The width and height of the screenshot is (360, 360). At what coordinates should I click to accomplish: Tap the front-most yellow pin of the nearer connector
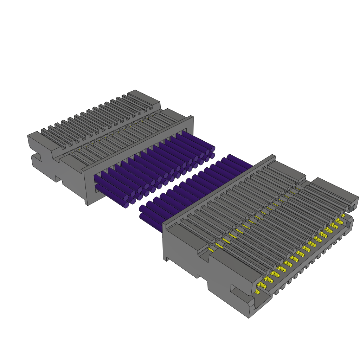point(257,292)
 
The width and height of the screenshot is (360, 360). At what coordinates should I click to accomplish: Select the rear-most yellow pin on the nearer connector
point(343,216)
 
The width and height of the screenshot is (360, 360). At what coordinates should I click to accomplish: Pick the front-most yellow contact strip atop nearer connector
point(211,249)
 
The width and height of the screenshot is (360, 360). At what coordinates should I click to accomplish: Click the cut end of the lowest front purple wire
point(127,205)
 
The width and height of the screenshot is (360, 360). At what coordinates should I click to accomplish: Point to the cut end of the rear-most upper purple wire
point(213,149)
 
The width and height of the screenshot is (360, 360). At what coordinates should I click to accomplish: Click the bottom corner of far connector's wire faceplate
point(87,203)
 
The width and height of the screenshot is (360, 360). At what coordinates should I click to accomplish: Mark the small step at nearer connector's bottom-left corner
point(165,259)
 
